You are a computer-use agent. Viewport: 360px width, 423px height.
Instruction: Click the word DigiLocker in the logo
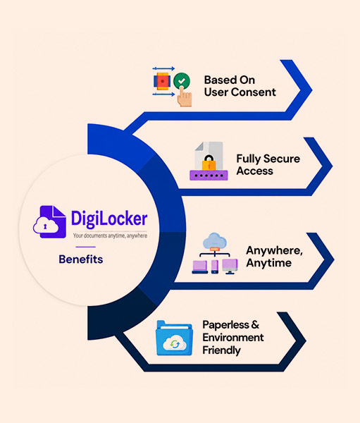pos(109,219)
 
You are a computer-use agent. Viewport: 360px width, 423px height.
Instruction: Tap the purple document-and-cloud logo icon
pos(49,222)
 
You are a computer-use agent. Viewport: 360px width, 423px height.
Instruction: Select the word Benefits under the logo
pos(81,259)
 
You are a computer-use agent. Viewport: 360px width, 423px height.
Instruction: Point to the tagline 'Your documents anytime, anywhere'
pos(110,235)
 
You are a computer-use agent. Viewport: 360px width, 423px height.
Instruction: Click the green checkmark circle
pos(182,80)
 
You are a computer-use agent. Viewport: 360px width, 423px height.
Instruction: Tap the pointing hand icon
pos(185,97)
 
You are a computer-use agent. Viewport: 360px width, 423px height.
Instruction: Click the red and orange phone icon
pos(162,81)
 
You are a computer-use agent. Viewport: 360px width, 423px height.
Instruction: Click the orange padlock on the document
pos(209,162)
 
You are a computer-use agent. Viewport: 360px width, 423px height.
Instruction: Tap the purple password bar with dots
pos(209,176)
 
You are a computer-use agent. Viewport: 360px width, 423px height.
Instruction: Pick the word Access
pos(255,171)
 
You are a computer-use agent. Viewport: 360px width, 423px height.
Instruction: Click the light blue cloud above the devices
pos(215,240)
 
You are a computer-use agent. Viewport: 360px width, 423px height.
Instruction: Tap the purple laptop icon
pos(200,266)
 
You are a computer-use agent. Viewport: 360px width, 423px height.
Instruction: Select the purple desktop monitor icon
pos(230,266)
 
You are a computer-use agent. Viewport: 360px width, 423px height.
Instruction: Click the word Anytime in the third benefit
pos(269,263)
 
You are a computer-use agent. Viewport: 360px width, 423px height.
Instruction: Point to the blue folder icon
pos(175,338)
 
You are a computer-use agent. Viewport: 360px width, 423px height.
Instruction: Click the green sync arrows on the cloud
pos(175,344)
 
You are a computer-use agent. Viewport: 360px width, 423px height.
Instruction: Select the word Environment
pos(233,337)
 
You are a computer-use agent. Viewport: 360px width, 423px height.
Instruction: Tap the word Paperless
pos(225,325)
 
